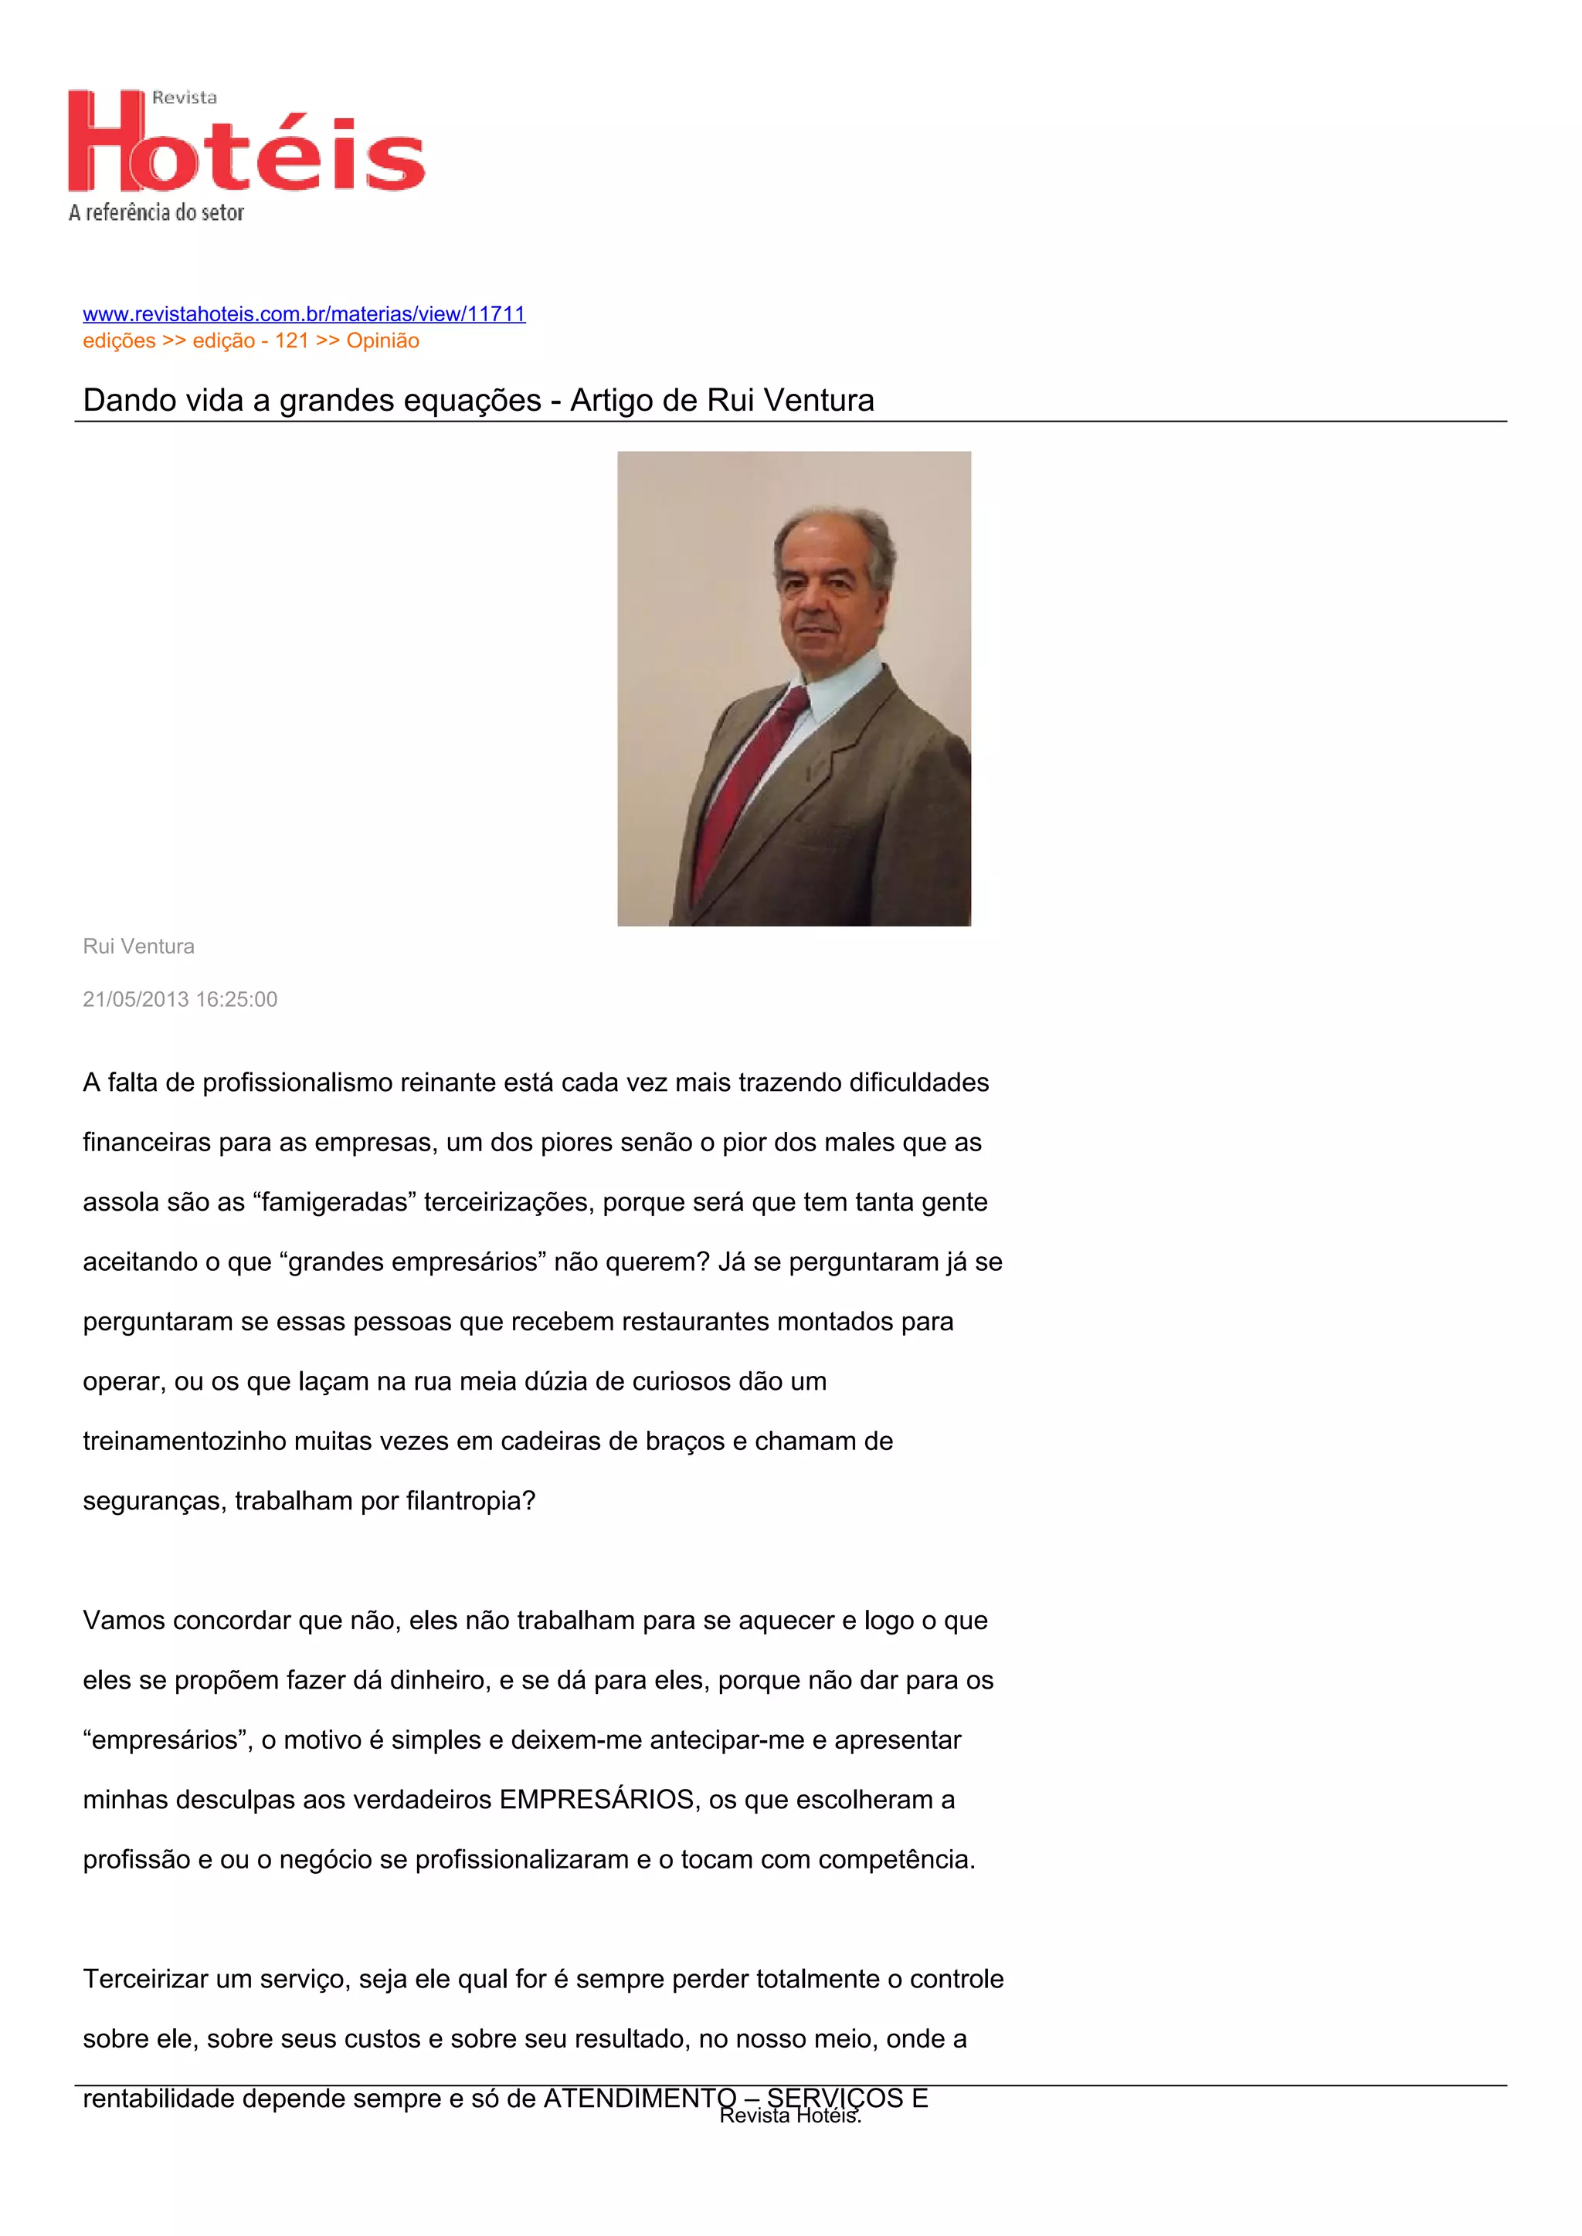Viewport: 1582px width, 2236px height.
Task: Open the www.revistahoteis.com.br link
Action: click(x=304, y=313)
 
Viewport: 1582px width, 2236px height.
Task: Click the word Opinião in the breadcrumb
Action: click(x=383, y=340)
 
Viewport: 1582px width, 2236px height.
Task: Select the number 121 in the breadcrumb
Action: click(x=291, y=340)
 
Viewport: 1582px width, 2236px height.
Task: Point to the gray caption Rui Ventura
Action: click(x=138, y=947)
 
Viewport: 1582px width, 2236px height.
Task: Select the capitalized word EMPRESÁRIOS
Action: click(x=597, y=1800)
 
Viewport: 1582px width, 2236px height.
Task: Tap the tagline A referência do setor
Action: click(x=156, y=212)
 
